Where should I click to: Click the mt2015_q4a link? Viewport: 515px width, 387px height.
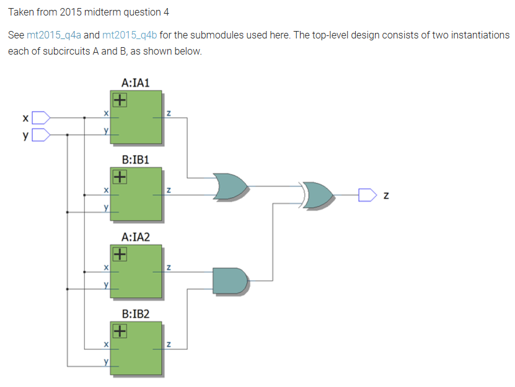(x=53, y=35)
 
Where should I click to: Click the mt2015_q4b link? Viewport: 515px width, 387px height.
(x=130, y=35)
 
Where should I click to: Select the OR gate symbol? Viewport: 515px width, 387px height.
(x=231, y=187)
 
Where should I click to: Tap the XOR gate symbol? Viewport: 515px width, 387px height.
(x=317, y=195)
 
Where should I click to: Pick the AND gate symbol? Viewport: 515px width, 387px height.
(x=230, y=281)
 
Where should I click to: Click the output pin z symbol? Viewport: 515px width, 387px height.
(x=368, y=195)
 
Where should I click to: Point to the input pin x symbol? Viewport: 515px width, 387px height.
(x=41, y=118)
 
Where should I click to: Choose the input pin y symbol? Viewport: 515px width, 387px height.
(x=41, y=135)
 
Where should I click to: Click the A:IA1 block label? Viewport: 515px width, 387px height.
(x=135, y=83)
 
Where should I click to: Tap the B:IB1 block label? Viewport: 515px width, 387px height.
(x=135, y=160)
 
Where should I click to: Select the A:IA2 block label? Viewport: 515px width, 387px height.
(x=135, y=237)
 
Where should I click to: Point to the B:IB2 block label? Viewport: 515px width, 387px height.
(x=135, y=314)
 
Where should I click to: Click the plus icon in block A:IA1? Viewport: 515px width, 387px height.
(x=120, y=100)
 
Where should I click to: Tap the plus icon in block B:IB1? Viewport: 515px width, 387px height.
(x=120, y=177)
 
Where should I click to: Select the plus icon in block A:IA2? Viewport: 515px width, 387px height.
(x=120, y=254)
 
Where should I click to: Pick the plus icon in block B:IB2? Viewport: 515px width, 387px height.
(x=120, y=331)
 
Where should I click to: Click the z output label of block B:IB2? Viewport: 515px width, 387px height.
(x=169, y=344)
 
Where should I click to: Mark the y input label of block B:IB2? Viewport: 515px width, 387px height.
(x=106, y=362)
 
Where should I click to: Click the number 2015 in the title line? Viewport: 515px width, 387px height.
(x=71, y=12)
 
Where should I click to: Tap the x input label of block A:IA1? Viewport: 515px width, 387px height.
(x=106, y=113)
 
